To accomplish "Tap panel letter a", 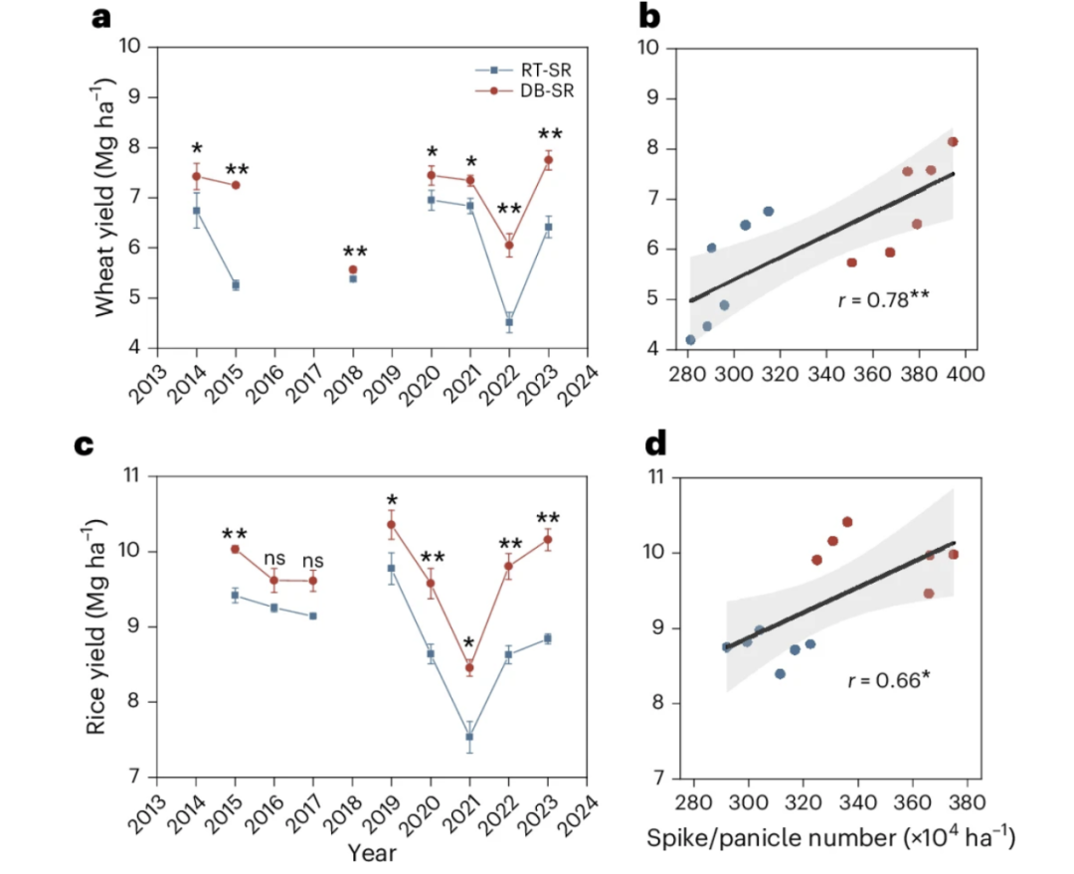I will click(100, 17).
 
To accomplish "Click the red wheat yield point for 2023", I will click(548, 160).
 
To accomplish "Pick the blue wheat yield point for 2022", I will click(509, 322).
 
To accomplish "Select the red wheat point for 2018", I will click(353, 269).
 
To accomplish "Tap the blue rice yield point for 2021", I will click(469, 737).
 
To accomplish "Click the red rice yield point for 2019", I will click(392, 524).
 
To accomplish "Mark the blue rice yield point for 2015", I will click(236, 595).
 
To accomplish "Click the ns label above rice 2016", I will click(274, 560).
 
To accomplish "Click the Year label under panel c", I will click(372, 852).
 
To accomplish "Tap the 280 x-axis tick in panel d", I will click(691, 801).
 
